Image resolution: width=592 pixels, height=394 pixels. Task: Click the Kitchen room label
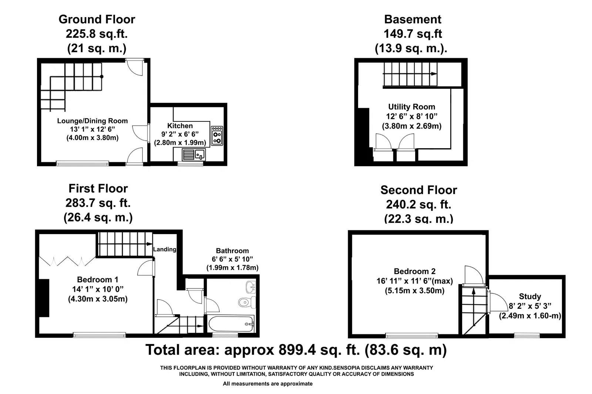tap(180, 126)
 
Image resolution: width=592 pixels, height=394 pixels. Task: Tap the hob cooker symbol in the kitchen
tap(217, 136)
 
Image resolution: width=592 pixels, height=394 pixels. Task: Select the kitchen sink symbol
tap(194, 154)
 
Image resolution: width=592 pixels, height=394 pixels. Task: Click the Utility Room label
tap(411, 107)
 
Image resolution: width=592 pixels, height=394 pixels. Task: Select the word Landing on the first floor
tap(165, 249)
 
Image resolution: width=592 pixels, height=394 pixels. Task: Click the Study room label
tap(530, 297)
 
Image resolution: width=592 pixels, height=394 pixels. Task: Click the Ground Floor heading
tap(97, 19)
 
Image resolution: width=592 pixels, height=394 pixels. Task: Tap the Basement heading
tap(413, 19)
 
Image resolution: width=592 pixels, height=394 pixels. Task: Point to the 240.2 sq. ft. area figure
tap(418, 204)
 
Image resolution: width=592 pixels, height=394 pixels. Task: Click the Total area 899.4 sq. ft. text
tap(296, 350)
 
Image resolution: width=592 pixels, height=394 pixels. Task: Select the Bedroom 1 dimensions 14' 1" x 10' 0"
tap(98, 289)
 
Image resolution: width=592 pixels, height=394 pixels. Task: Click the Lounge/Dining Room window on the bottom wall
tap(83, 163)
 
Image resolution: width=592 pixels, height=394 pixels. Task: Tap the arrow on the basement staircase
tap(433, 74)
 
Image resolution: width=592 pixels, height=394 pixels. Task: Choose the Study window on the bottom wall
tap(527, 335)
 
